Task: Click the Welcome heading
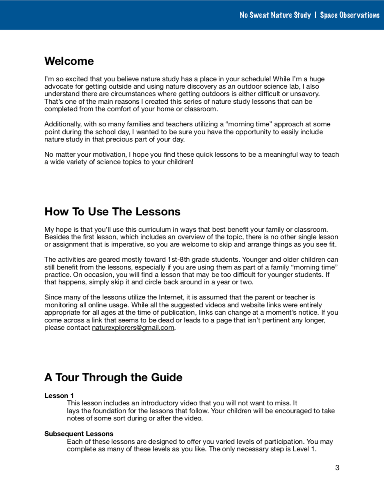click(69, 61)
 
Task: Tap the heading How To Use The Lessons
click(112, 212)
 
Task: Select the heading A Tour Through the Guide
click(113, 377)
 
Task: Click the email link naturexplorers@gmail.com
click(133, 328)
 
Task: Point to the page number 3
click(337, 468)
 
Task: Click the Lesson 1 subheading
click(59, 396)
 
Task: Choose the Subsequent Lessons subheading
click(79, 434)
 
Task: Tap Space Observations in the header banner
click(350, 15)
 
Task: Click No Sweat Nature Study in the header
click(275, 15)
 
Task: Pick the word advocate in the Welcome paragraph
click(57, 87)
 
